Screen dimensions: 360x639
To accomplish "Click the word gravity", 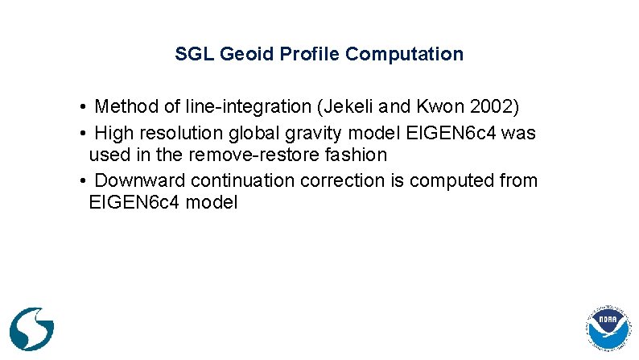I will tap(308, 131).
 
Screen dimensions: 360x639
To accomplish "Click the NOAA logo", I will tap(609, 331).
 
